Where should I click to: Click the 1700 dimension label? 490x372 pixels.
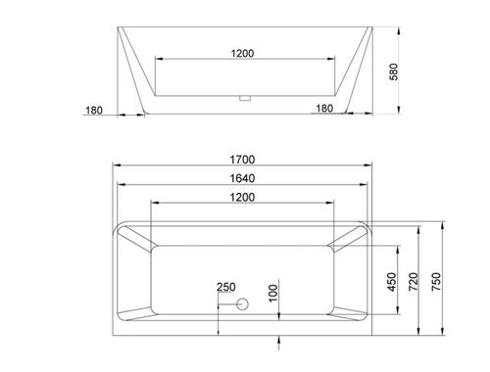[x=242, y=160]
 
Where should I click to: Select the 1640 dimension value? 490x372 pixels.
[x=242, y=178]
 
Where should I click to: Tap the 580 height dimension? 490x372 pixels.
[x=394, y=71]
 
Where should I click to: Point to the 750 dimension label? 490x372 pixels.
[x=436, y=282]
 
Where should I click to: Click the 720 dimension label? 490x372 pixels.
[x=414, y=282]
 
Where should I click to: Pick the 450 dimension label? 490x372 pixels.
[x=391, y=282]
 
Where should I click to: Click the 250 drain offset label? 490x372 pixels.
[x=226, y=287]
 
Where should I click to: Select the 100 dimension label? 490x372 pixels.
[x=272, y=293]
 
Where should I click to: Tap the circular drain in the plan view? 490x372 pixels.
[x=242, y=304]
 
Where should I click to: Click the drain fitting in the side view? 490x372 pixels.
[x=244, y=98]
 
